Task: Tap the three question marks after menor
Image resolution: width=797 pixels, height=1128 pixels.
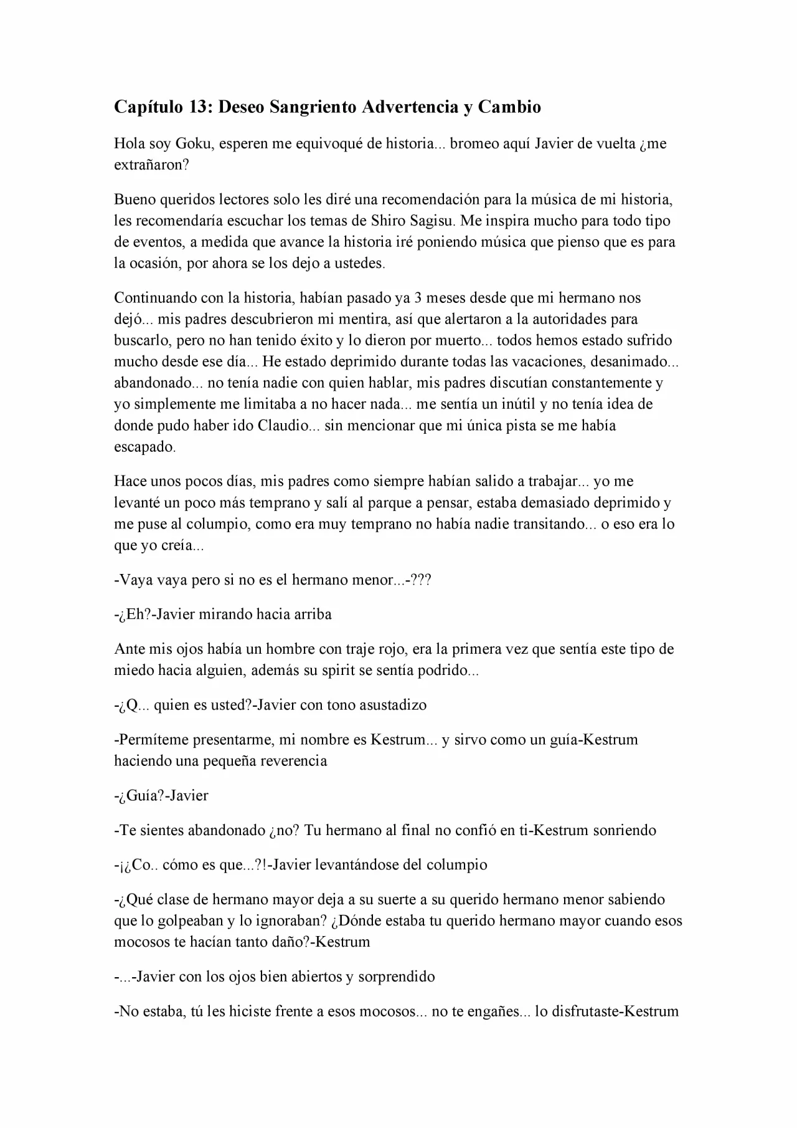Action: point(421,580)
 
